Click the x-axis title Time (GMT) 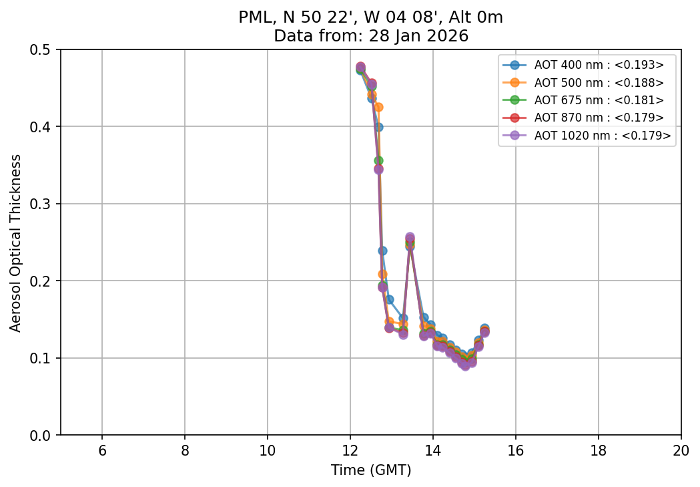pyautogui.click(x=371, y=470)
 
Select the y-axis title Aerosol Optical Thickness pyautogui.click(x=16, y=242)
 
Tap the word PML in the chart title pyautogui.click(x=252, y=18)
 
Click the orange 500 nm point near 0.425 pyautogui.click(x=378, y=107)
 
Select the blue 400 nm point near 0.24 pyautogui.click(x=382, y=251)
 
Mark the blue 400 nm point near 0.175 pyautogui.click(x=389, y=299)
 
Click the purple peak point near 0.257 pyautogui.click(x=410, y=237)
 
